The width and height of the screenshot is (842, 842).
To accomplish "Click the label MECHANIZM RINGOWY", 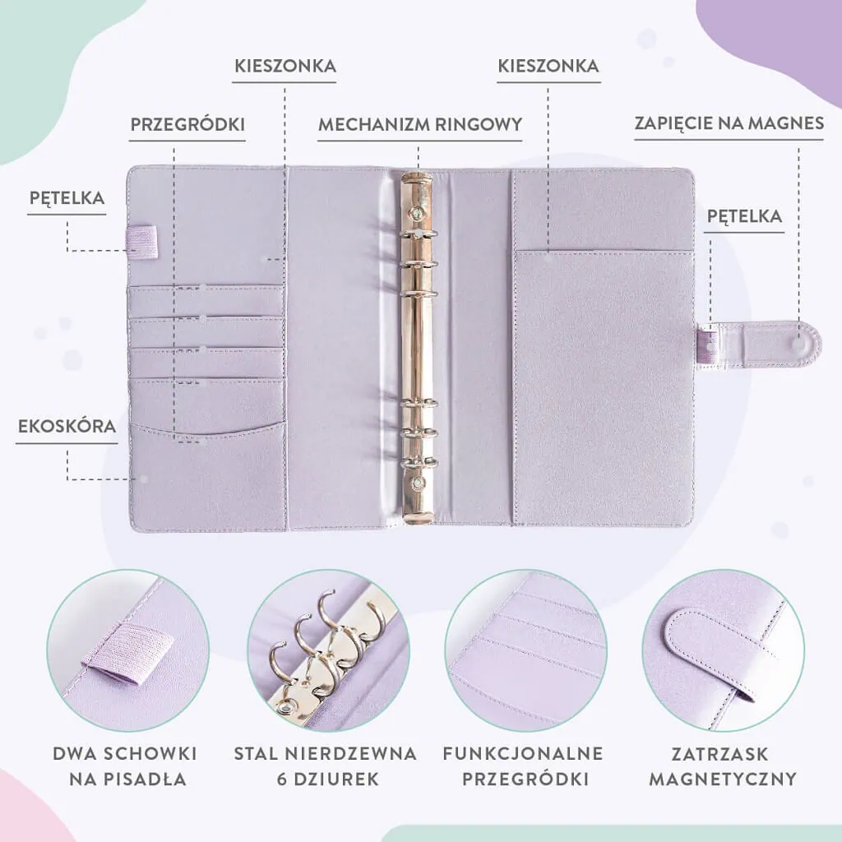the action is (420, 125).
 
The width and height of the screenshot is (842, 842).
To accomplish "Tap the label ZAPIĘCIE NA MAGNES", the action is (729, 123).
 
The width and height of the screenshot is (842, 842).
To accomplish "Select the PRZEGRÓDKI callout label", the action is (187, 125).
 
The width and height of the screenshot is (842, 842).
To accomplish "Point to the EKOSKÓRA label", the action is (67, 427).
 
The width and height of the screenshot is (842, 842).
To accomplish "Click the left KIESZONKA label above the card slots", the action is (285, 66).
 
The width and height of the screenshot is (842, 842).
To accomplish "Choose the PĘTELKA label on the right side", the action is (744, 216).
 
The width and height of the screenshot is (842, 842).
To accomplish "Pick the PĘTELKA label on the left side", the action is (67, 197).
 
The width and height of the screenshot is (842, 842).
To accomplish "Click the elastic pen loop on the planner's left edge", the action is (141, 239).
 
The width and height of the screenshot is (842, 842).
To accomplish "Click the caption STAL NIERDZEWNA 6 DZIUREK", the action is (326, 766).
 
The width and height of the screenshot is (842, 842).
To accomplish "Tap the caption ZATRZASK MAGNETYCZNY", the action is (722, 766).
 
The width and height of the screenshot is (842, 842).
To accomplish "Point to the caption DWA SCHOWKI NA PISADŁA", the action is (125, 766).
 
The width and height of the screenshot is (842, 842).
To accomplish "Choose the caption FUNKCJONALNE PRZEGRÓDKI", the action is (523, 766).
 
